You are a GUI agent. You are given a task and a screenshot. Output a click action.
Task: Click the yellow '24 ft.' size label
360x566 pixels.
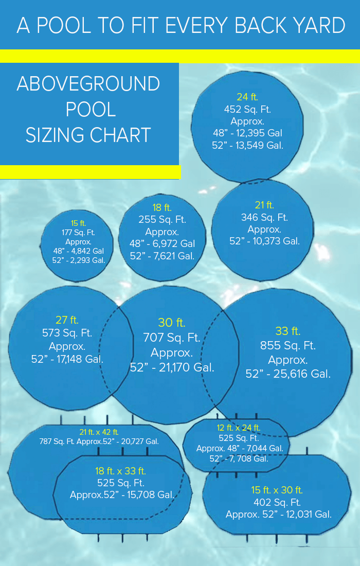(247, 97)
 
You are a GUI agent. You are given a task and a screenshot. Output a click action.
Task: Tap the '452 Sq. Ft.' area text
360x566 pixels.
(247, 109)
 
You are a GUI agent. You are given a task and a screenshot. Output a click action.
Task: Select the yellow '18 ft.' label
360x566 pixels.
(162, 208)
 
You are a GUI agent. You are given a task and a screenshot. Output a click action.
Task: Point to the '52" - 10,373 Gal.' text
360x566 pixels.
(264, 241)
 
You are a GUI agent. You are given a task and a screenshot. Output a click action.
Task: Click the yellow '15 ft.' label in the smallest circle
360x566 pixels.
(78, 223)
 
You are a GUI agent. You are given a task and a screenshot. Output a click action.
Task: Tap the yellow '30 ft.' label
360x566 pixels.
(172, 323)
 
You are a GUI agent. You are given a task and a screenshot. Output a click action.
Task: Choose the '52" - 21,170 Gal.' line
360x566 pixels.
(172, 367)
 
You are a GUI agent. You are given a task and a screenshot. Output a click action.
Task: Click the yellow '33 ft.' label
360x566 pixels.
(288, 331)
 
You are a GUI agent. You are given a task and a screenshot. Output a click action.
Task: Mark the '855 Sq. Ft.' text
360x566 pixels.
(288, 345)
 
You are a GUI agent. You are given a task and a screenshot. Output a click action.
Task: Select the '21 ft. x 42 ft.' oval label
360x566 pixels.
(99, 432)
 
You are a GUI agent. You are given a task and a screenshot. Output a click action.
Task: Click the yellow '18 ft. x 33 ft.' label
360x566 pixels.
(121, 471)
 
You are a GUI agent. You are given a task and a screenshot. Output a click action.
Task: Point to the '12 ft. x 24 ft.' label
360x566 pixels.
(239, 428)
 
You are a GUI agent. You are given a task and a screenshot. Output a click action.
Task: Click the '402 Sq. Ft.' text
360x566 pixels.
(277, 502)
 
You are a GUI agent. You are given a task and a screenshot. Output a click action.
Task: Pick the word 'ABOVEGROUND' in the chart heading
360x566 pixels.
(88, 84)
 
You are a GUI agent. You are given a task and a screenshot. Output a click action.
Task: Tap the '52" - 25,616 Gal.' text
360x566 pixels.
(288, 374)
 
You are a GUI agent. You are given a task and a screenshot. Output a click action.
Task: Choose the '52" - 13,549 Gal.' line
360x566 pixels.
(247, 145)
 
